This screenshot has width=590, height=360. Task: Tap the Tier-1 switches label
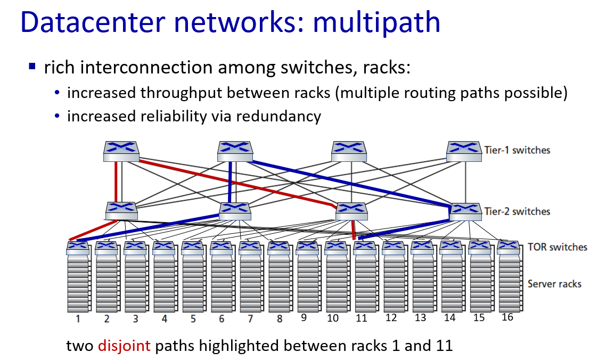point(517,150)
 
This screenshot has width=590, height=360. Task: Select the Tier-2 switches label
point(517,211)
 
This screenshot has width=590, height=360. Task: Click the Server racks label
point(554,284)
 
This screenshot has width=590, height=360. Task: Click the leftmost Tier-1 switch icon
point(121,151)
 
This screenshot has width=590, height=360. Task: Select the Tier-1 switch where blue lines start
point(235,151)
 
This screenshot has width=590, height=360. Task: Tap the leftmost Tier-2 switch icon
point(121,211)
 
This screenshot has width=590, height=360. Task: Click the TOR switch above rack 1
point(78,248)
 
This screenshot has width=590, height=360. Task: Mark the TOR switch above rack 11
point(365,248)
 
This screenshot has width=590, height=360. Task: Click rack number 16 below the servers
point(507,317)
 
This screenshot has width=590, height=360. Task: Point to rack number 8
point(279,319)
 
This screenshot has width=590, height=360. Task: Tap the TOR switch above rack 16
point(508,248)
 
